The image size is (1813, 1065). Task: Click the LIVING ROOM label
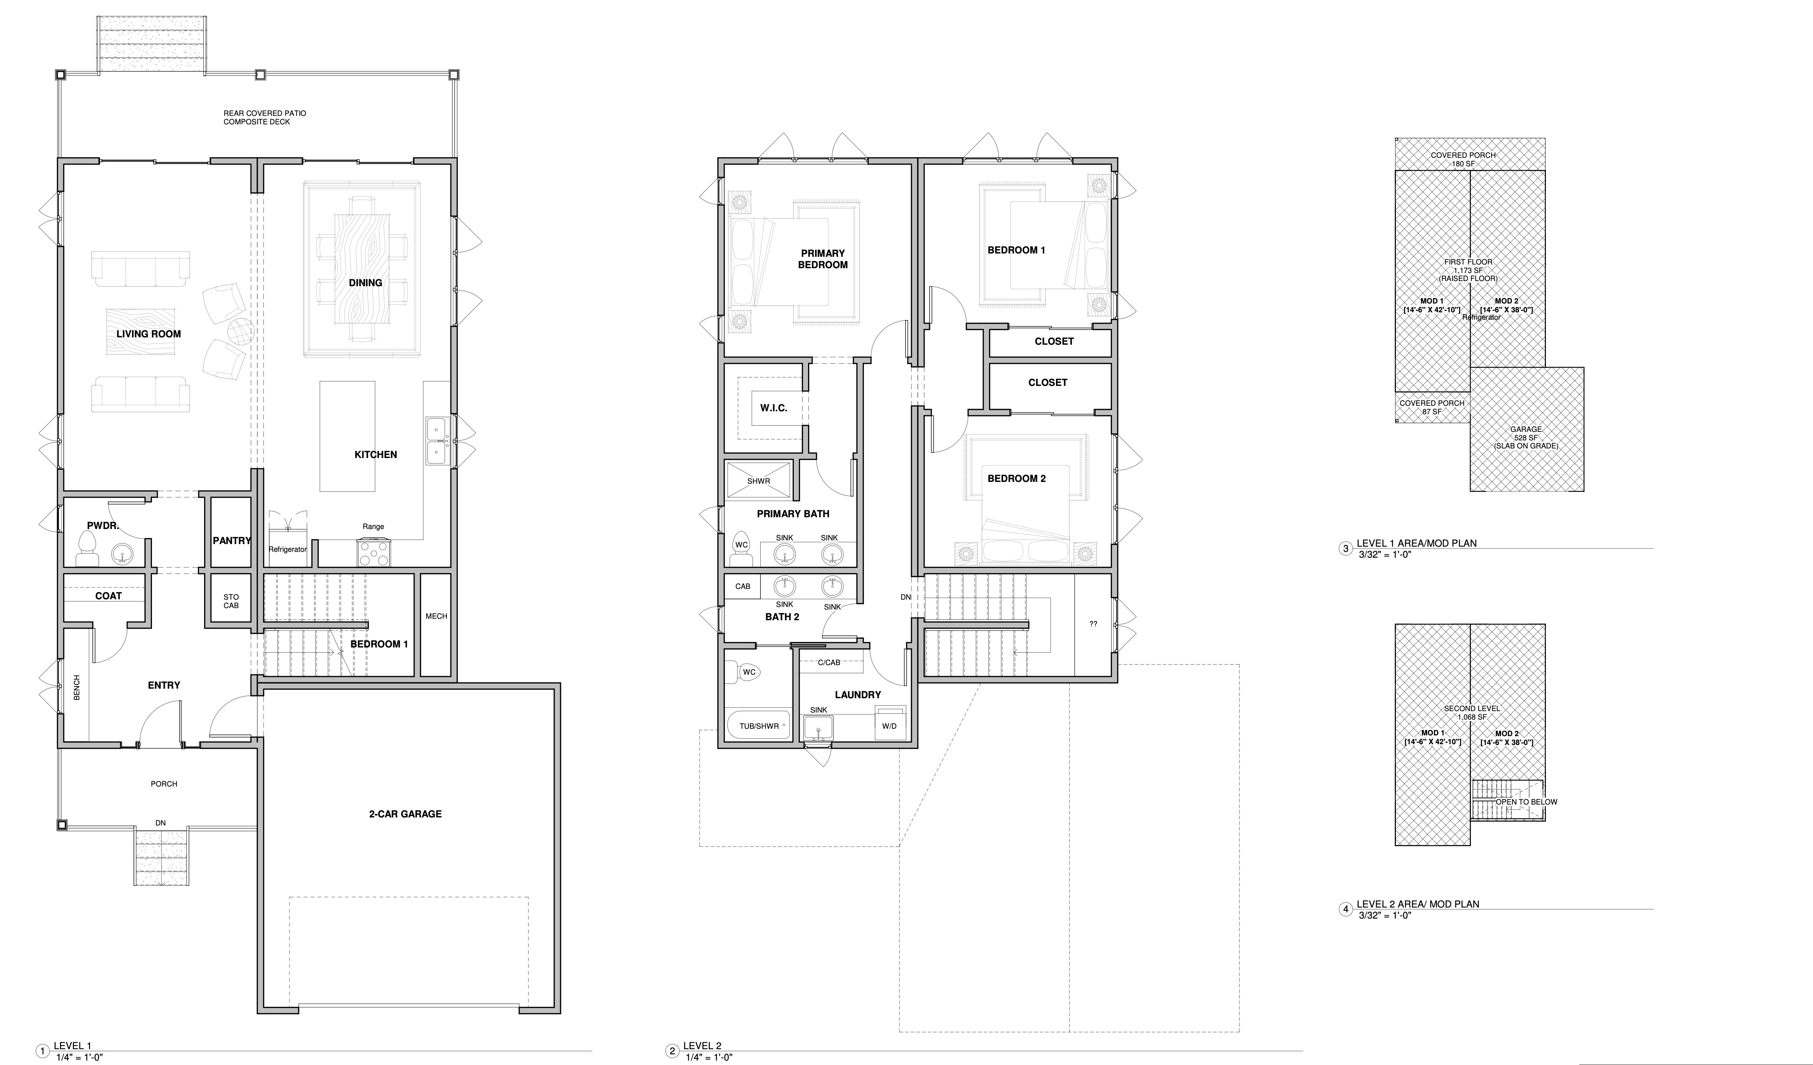pyautogui.click(x=149, y=334)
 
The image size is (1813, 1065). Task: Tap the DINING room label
pyautogui.click(x=366, y=283)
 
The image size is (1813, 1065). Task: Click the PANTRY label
pyautogui.click(x=232, y=540)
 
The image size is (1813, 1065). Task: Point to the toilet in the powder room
pyautogui.click(x=87, y=549)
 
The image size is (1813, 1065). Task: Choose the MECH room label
pyautogui.click(x=436, y=616)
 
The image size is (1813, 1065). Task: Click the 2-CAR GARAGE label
pyautogui.click(x=405, y=814)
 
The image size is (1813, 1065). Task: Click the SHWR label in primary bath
pyautogui.click(x=758, y=481)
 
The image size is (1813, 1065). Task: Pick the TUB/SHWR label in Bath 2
pyautogui.click(x=759, y=726)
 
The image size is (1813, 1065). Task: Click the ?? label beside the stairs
pyautogui.click(x=1093, y=624)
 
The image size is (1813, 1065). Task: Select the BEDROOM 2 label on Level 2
pyautogui.click(x=1017, y=479)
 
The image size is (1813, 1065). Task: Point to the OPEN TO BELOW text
pyautogui.click(x=1527, y=802)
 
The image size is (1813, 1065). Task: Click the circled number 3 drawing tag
pyautogui.click(x=1345, y=549)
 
